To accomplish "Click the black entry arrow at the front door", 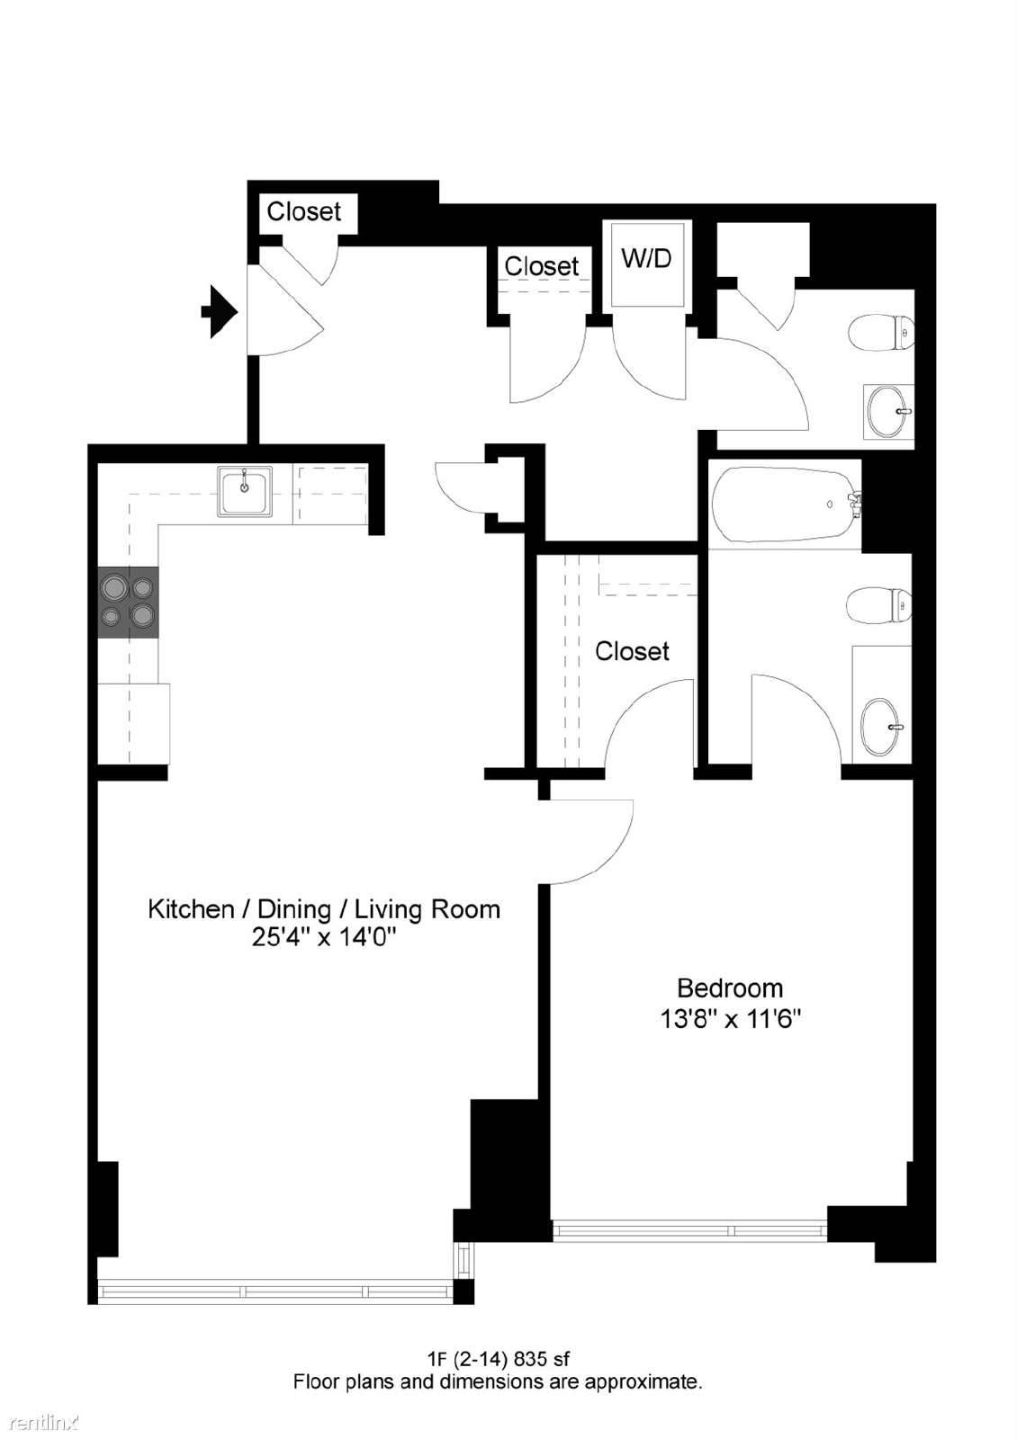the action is [x=220, y=311].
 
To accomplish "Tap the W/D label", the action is [x=646, y=258].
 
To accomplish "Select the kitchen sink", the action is [x=245, y=491].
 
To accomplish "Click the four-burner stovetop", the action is [x=128, y=603].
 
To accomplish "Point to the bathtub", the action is [x=787, y=505].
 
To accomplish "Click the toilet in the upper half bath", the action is [x=881, y=333].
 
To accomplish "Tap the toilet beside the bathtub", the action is [x=878, y=604].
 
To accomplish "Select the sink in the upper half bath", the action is [x=888, y=411].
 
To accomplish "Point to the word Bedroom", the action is [x=730, y=988].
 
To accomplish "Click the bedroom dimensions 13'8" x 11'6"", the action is [x=730, y=1019].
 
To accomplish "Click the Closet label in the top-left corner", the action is [x=303, y=211].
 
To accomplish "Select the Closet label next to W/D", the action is [x=541, y=266].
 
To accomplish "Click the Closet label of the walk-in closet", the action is [x=632, y=651].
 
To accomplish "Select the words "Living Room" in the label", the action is [x=427, y=909].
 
